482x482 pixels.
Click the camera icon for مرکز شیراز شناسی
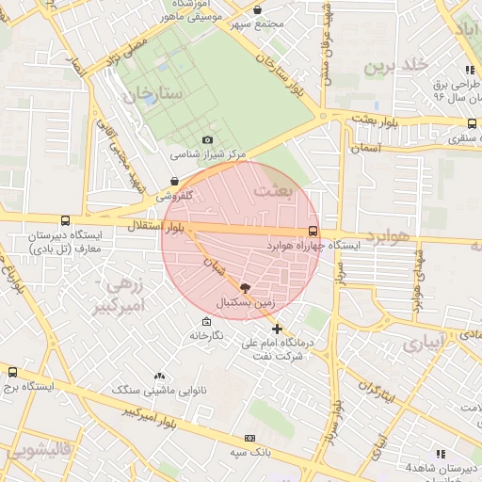[x=208, y=140]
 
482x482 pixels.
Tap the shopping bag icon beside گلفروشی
[x=174, y=182]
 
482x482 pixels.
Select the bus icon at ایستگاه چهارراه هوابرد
[x=313, y=231]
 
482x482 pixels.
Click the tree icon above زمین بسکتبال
[x=246, y=289]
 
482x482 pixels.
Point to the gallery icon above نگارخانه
[x=206, y=321]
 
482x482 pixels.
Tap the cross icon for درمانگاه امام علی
[x=277, y=329]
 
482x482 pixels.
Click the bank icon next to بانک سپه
[x=249, y=438]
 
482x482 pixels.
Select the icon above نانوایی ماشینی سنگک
[x=158, y=376]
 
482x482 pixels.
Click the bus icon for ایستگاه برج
[x=12, y=372]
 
